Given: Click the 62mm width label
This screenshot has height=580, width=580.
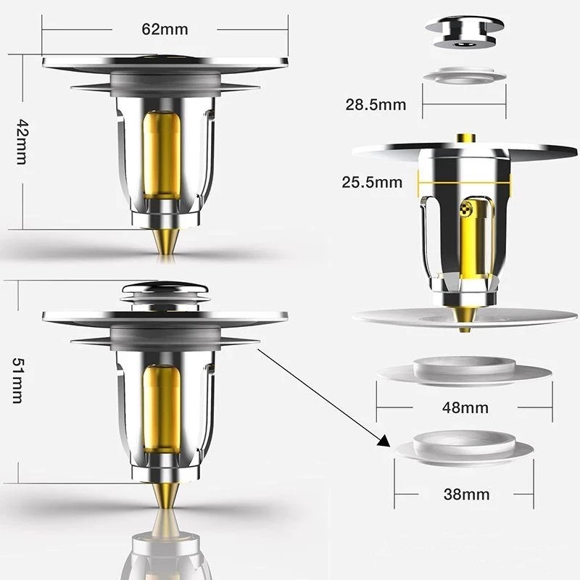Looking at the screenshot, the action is point(165,29).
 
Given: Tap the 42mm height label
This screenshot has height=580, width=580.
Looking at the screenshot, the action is point(22,141).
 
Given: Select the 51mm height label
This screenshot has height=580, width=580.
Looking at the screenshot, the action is point(17,380).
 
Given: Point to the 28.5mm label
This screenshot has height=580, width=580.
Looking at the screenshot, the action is point(376,104).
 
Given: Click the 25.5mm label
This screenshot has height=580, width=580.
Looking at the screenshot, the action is point(372,182).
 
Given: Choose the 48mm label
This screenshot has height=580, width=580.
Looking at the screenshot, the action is point(465,407).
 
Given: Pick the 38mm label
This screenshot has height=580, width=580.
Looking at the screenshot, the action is point(466,494).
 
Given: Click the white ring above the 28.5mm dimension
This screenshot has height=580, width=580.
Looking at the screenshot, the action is point(465,75).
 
